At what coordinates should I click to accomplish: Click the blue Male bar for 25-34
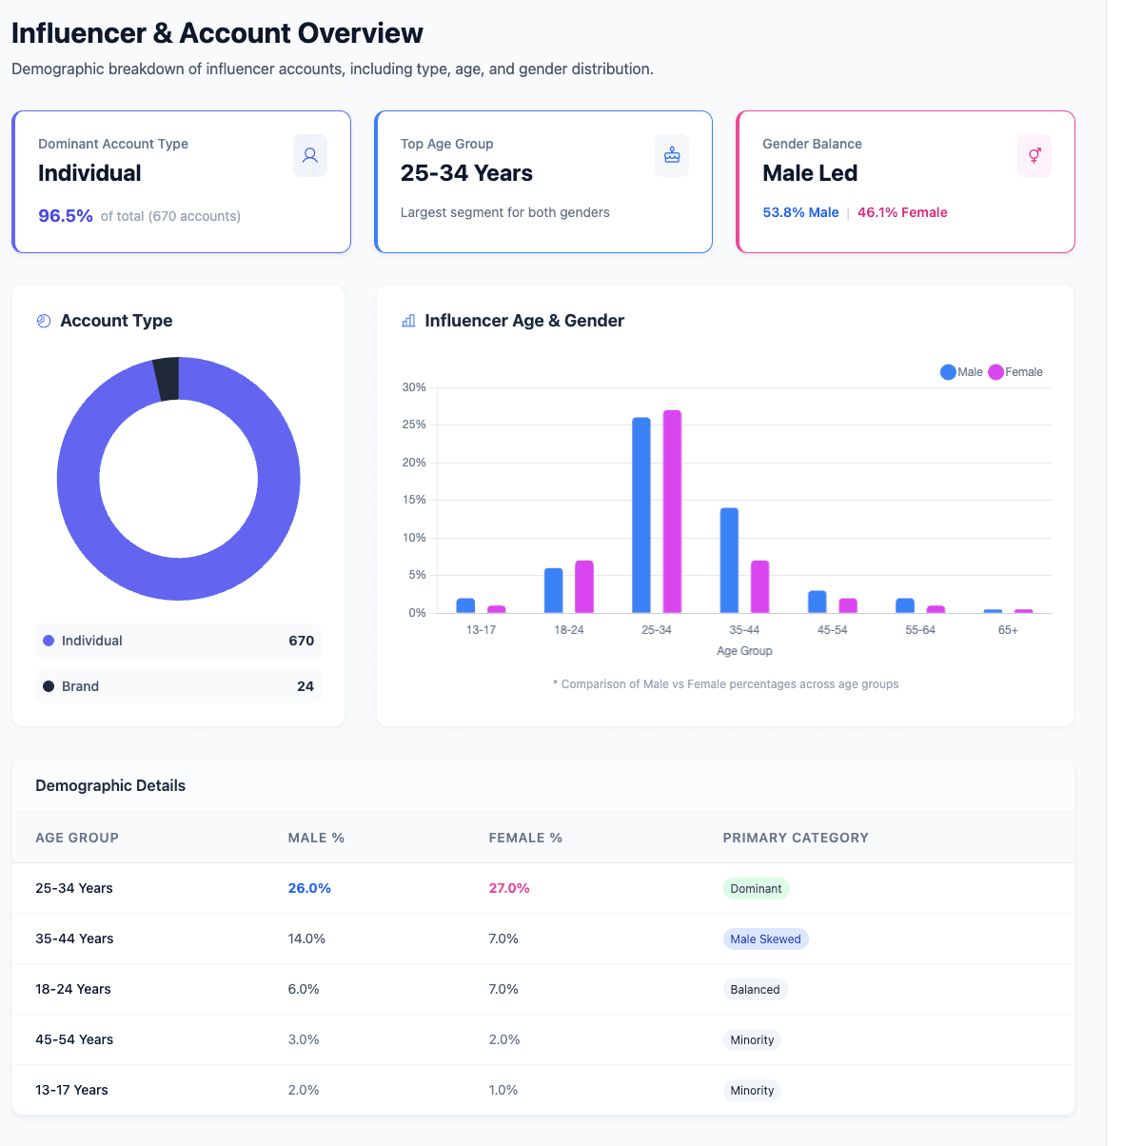[x=641, y=515]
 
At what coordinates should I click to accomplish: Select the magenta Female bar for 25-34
[x=672, y=511]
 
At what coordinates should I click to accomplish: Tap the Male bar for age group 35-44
[x=729, y=561]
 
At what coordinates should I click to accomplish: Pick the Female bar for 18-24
[x=584, y=586]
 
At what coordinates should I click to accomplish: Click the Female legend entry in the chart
[x=1015, y=372]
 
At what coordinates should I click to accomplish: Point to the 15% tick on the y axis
[x=414, y=500]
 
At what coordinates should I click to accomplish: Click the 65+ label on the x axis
[x=1008, y=630]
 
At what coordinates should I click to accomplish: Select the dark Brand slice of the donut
[x=167, y=379]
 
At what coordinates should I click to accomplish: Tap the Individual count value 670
[x=301, y=641]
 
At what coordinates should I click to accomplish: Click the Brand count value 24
[x=305, y=686]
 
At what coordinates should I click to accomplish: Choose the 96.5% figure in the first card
[x=66, y=216]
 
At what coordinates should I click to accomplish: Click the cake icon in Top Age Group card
[x=672, y=155]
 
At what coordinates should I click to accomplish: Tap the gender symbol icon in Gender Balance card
[x=1034, y=155]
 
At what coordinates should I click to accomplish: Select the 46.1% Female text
[x=902, y=212]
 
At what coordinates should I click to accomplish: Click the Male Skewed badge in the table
[x=765, y=939]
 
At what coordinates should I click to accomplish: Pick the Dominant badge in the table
[x=756, y=889]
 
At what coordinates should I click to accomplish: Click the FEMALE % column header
[x=525, y=838]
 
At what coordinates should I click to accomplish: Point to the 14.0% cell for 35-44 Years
[x=306, y=939]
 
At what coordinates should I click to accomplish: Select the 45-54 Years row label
[x=74, y=1039]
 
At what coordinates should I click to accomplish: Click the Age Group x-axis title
[x=744, y=651]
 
